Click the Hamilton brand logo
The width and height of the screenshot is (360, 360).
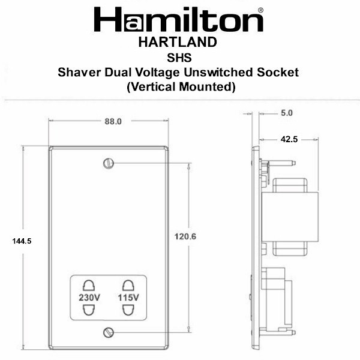[179, 20]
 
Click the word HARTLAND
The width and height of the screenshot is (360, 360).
[178, 42]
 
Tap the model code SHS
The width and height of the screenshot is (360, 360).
[179, 58]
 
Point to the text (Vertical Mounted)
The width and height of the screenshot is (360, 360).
[181, 87]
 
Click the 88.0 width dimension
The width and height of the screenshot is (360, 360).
[113, 121]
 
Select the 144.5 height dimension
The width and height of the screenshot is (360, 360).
[22, 241]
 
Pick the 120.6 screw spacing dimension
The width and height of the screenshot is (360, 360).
[185, 236]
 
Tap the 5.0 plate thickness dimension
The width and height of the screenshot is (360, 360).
[287, 113]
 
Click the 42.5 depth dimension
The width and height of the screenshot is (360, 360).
[289, 139]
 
